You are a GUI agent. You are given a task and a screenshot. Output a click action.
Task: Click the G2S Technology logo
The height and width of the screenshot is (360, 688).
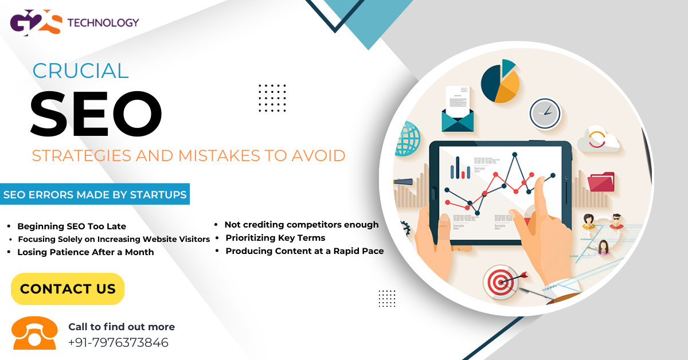(75, 24)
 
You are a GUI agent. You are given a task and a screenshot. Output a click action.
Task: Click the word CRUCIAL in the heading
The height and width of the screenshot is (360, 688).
(80, 71)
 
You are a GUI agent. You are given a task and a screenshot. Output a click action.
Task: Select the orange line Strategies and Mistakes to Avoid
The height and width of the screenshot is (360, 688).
(189, 155)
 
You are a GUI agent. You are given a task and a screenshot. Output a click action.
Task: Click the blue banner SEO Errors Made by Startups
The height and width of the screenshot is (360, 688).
(95, 195)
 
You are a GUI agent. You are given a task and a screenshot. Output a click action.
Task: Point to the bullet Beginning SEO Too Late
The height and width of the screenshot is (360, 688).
(72, 226)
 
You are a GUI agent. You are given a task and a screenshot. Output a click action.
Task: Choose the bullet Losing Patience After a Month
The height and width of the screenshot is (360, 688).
(85, 252)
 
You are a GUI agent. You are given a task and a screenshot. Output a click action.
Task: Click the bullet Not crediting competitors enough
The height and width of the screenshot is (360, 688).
(302, 225)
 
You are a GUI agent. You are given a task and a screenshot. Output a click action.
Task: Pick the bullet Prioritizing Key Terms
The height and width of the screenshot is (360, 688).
(275, 237)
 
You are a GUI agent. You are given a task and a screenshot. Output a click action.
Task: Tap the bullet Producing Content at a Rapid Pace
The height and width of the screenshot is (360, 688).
(304, 251)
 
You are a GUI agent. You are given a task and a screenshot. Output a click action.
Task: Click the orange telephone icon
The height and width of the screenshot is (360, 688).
(35, 333)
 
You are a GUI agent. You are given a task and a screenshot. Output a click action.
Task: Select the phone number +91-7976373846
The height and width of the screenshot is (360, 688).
(118, 343)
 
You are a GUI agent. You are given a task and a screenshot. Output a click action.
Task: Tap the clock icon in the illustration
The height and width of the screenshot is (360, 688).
(544, 114)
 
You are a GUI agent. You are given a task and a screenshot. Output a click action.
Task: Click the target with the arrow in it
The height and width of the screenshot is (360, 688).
(497, 281)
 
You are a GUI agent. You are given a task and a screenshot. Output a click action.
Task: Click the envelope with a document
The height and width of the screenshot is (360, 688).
(458, 110)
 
